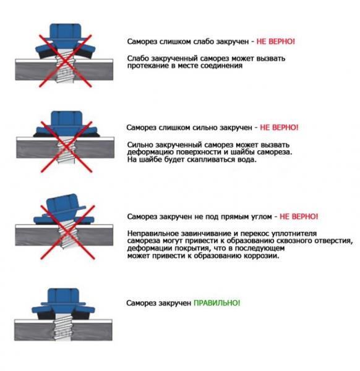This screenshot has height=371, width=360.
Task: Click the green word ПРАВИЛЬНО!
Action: [216, 304]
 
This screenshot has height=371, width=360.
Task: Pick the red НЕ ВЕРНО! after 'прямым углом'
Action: [299, 217]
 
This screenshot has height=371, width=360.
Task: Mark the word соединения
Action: [220, 66]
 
